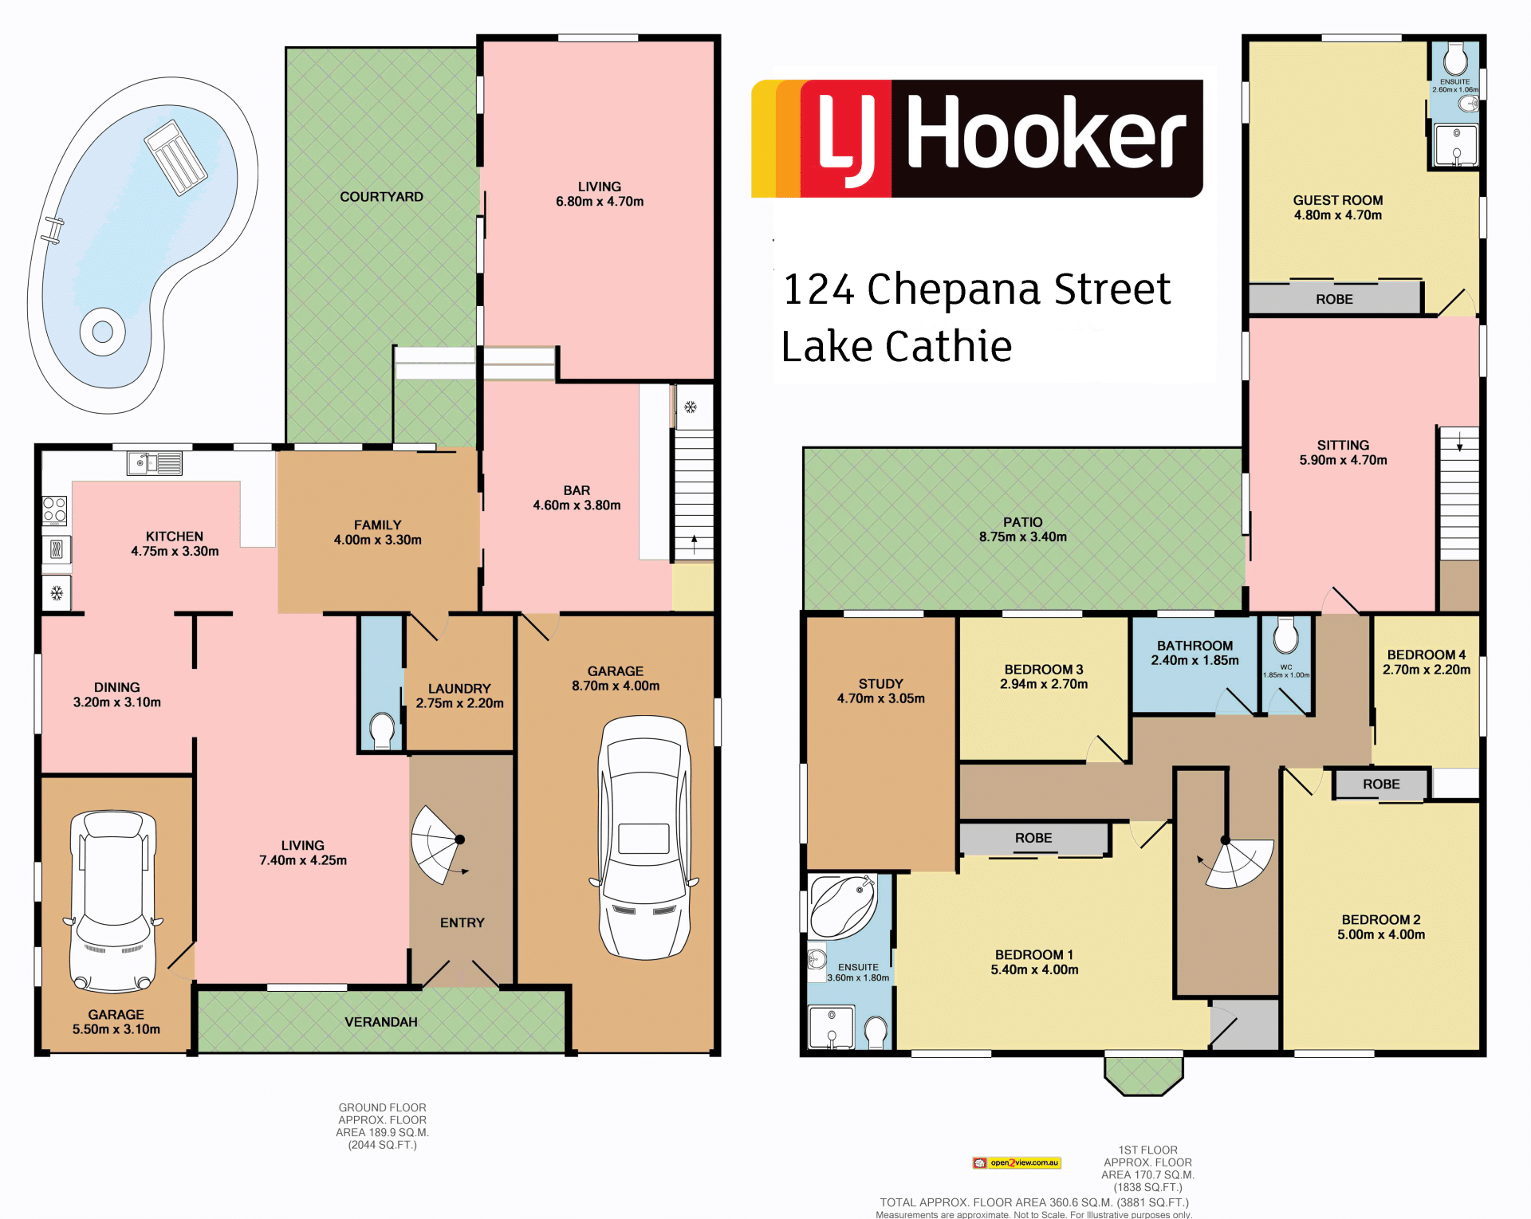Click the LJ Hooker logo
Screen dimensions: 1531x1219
tap(977, 138)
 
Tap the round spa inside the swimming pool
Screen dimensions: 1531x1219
tap(103, 331)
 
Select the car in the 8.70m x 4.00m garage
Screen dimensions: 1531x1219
tap(644, 837)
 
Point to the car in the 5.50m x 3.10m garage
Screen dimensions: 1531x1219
tap(113, 901)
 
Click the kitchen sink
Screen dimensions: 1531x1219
tap(155, 463)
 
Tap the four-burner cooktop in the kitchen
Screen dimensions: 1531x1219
tap(55, 510)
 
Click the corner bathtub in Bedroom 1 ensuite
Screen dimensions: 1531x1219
tap(844, 906)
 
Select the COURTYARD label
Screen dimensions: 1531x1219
tap(381, 197)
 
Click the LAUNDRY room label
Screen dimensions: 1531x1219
tap(459, 689)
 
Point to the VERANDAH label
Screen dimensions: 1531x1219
tap(381, 1022)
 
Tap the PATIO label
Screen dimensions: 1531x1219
tap(1023, 522)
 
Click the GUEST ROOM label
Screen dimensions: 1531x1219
tap(1338, 200)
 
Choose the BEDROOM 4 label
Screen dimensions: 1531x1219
tap(1427, 655)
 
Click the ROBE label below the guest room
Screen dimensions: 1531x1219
tap(1335, 299)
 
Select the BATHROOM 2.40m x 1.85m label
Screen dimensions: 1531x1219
tap(1194, 653)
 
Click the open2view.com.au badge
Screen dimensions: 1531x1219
tap(1017, 1163)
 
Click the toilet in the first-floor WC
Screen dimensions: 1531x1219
tap(1285, 635)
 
